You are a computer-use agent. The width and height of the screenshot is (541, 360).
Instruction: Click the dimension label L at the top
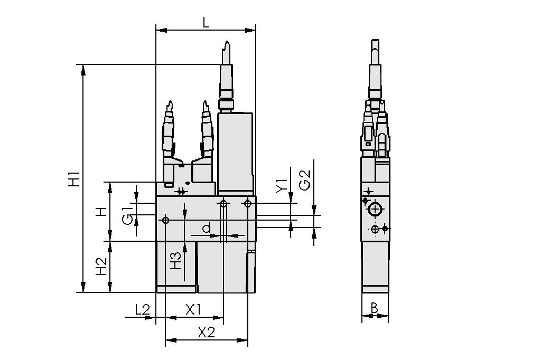(x=206, y=22)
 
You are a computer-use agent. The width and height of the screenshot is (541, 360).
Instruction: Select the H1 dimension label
(x=74, y=178)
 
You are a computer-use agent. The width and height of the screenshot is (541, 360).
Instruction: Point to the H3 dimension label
(x=175, y=260)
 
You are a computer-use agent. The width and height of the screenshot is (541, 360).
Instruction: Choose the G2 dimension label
(x=305, y=181)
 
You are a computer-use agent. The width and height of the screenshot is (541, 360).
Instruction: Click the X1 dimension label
(x=193, y=310)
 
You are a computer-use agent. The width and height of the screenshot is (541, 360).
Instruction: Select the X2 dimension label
(x=206, y=333)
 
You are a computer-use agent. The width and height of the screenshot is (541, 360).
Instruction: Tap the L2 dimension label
(x=142, y=310)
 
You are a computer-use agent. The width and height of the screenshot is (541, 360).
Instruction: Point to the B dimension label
(x=375, y=308)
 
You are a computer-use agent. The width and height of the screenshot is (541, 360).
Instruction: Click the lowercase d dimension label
(x=207, y=228)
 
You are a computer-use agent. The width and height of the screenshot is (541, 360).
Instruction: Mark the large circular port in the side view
(x=375, y=210)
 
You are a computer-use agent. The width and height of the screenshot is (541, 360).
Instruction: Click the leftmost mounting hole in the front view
(x=166, y=220)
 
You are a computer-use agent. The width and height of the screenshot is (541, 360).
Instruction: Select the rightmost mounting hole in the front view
(x=248, y=203)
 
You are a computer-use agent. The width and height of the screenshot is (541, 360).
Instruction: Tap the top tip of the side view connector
(x=375, y=41)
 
